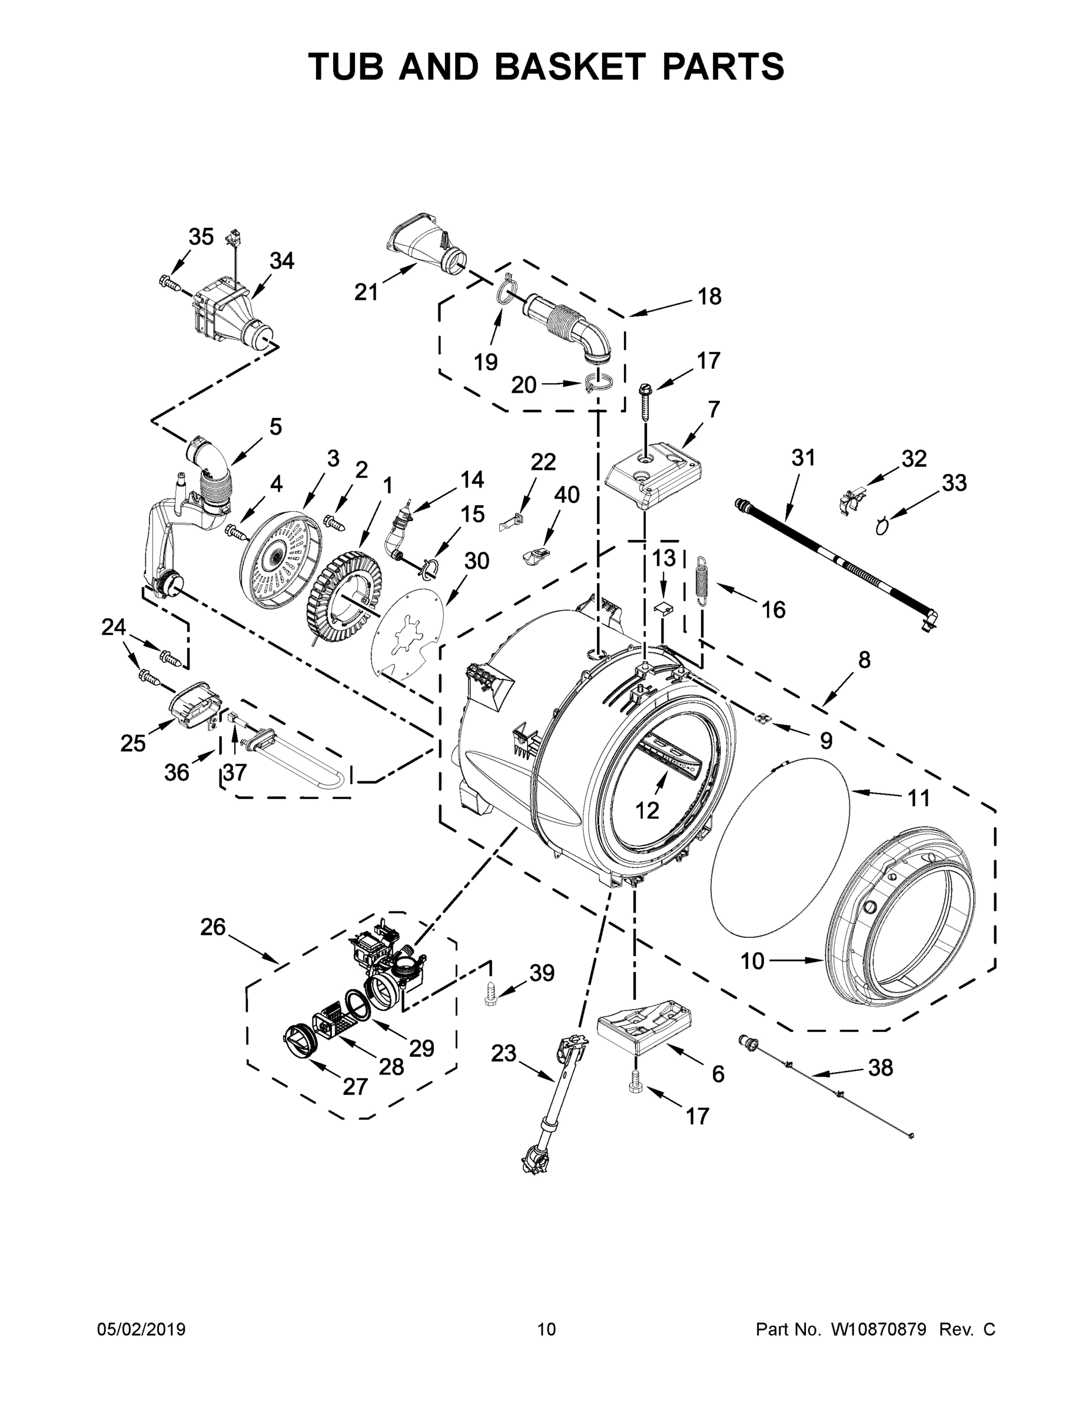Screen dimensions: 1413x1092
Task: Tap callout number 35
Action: [x=201, y=237]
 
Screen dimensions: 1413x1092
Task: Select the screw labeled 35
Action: [x=168, y=281]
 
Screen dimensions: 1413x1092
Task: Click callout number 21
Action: [x=366, y=293]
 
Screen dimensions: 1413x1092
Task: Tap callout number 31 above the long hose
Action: [x=804, y=457]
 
